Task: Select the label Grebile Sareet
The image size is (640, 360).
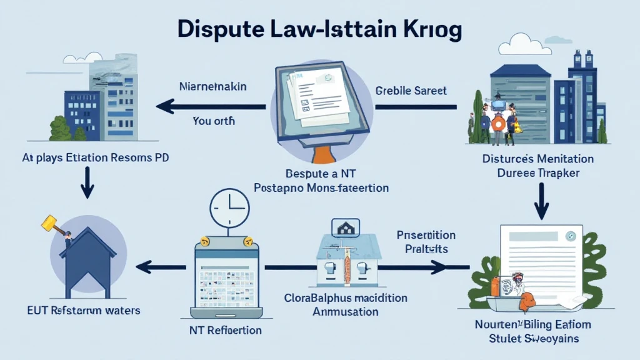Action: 411,91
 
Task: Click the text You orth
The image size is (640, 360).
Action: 214,121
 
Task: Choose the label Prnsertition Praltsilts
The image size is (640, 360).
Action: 426,242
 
